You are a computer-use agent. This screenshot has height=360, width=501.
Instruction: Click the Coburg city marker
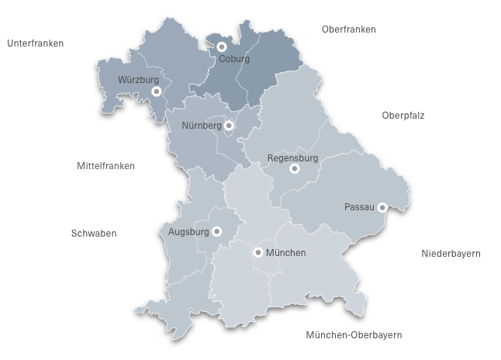[222, 47]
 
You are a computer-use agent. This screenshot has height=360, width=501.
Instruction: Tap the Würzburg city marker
[157, 91]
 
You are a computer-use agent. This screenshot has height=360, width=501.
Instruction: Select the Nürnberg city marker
[229, 125]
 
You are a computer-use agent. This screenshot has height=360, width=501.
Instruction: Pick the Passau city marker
[382, 207]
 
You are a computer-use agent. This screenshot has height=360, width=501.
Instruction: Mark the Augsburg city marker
[217, 230]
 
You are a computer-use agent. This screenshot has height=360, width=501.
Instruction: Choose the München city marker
[257, 252]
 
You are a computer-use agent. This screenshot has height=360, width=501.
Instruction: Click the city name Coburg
[234, 58]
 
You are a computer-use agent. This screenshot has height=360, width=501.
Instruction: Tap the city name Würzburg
[138, 80]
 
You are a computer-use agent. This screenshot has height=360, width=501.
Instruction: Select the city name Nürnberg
[202, 125]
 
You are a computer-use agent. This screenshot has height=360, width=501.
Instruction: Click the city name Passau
[358, 207]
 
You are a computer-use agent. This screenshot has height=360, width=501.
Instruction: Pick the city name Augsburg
[188, 231]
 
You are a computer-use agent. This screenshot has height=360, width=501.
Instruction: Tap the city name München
[285, 253]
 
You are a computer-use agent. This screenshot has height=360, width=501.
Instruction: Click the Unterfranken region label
[35, 43]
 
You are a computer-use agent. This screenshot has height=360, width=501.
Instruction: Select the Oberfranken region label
[349, 29]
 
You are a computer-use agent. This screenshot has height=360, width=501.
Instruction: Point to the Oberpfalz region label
[403, 116]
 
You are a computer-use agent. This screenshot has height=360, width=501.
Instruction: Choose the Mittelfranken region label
[106, 166]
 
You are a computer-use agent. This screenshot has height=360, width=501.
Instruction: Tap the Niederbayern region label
[451, 254]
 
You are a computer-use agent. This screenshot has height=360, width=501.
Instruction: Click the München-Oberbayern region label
[354, 335]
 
